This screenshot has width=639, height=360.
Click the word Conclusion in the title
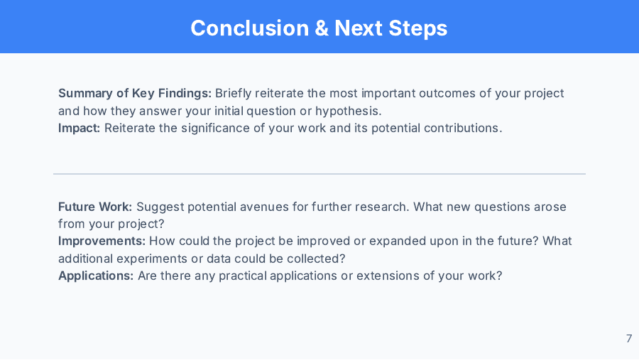pos(250,28)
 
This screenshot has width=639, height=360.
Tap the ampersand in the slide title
pos(322,28)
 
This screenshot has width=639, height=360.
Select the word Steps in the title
pos(417,29)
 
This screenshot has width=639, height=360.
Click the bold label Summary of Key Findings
pos(135,94)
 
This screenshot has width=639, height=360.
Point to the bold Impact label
pos(79,129)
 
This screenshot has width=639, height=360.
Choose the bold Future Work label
pos(95,207)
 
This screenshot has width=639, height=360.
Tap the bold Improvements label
pos(102,241)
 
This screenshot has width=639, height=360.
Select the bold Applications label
pos(96,276)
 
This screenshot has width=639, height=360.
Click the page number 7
pos(629,339)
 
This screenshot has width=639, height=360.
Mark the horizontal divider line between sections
pos(319,174)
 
